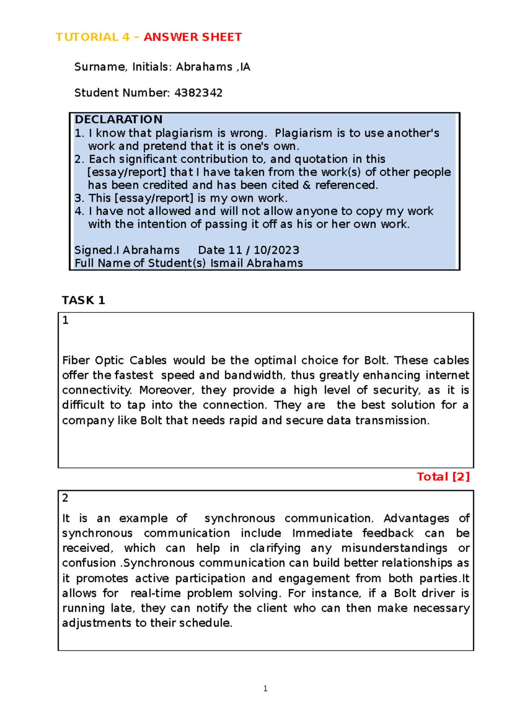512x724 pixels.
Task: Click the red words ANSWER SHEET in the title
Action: click(193, 37)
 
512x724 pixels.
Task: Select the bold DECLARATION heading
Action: click(118, 119)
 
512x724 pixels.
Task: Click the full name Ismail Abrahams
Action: click(256, 263)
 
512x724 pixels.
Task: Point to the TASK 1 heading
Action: click(83, 300)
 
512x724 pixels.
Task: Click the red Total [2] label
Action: click(443, 477)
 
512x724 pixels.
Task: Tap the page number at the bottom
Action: click(265, 688)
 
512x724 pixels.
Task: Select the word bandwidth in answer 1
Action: click(253, 375)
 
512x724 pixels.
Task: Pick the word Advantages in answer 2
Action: click(416, 518)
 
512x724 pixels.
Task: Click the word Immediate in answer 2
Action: click(322, 533)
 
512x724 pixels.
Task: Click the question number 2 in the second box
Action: click(65, 498)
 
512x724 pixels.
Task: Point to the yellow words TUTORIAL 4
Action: click(93, 37)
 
